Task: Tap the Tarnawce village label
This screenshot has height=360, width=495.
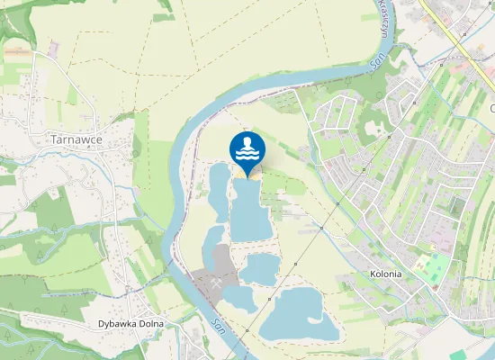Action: coord(76,140)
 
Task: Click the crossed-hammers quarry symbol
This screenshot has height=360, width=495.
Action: coord(218,278)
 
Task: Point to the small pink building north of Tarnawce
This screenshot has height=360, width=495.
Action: coord(53,44)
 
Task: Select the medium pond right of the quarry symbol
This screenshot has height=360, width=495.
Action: coord(260,267)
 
